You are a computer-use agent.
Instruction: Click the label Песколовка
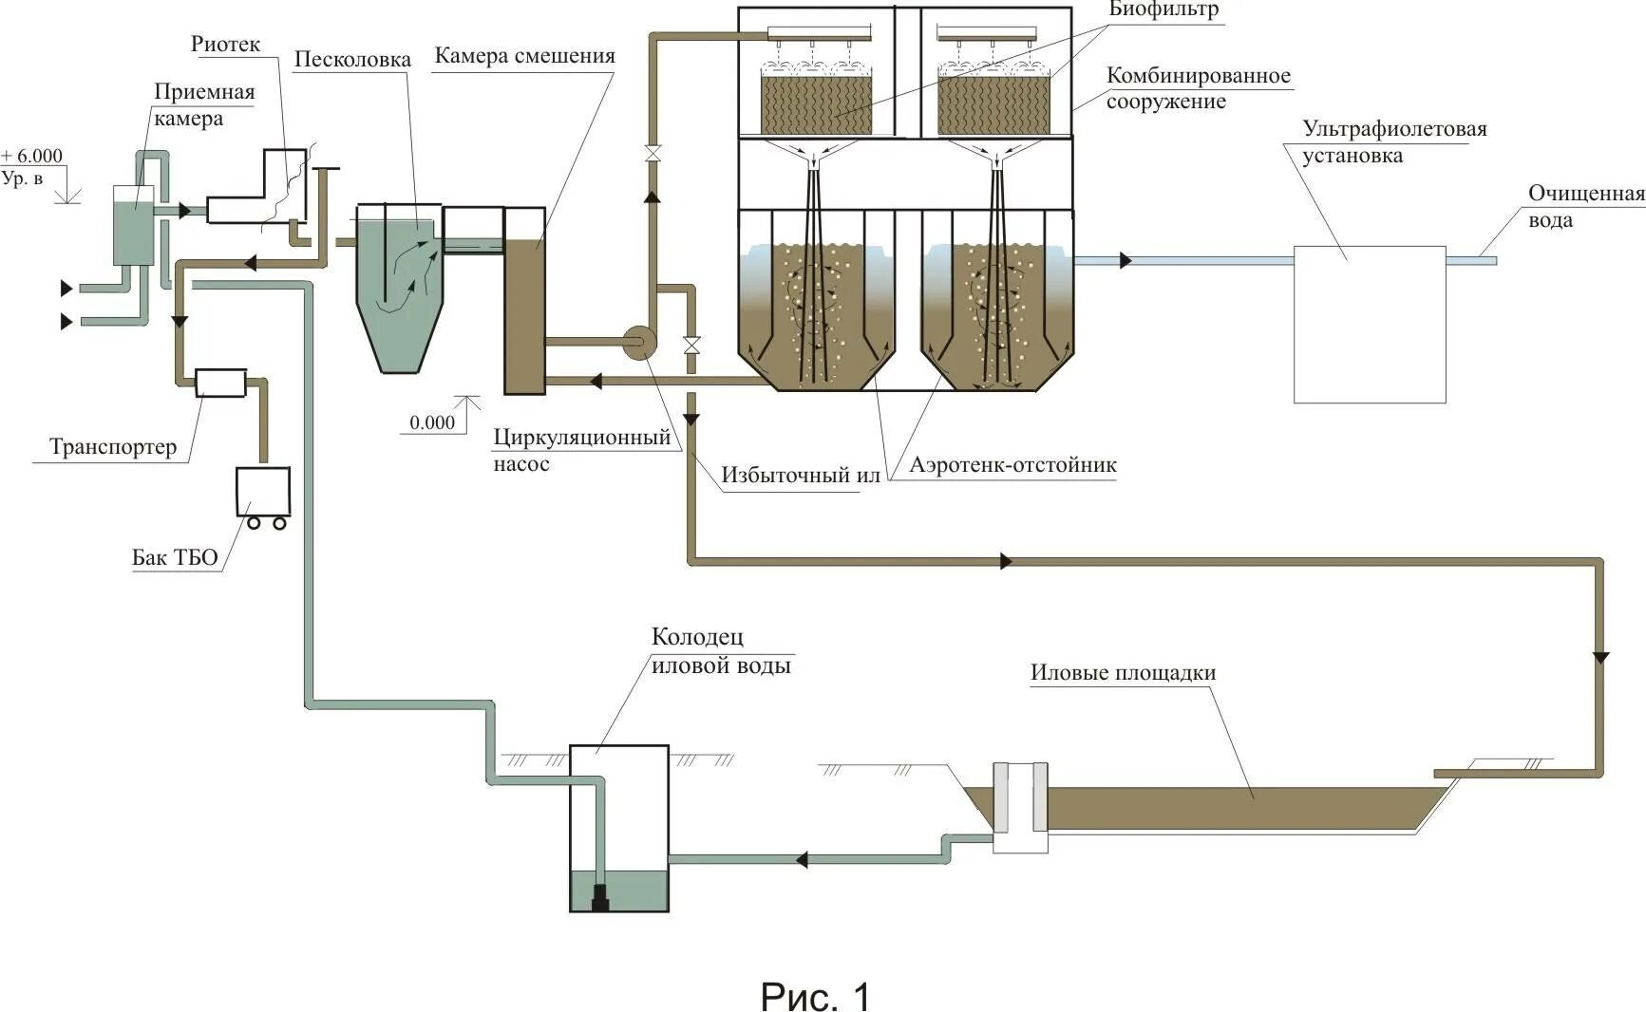coord(352,60)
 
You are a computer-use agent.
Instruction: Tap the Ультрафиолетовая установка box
coord(1370,324)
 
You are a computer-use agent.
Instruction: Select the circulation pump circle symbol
coord(638,341)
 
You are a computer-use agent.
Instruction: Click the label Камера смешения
coord(524,55)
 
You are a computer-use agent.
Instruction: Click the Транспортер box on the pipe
coord(220,383)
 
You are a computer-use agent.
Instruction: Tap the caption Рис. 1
coord(815,996)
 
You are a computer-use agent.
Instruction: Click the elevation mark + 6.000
coord(32,156)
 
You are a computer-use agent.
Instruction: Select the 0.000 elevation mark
coord(432,422)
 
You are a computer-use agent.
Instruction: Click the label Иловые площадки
coord(1123,672)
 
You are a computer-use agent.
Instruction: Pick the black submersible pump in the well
coord(599,896)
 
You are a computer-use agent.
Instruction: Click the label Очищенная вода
coord(1585,206)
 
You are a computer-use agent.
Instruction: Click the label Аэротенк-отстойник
coord(1012,464)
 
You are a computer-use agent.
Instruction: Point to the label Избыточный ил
coord(800,475)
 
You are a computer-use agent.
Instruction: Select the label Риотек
coord(225,44)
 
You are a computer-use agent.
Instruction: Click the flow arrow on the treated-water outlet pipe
coord(1126,260)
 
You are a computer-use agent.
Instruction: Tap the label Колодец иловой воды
coord(721,650)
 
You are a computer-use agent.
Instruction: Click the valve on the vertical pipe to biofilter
coord(653,153)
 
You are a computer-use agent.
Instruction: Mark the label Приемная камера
coord(204,104)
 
